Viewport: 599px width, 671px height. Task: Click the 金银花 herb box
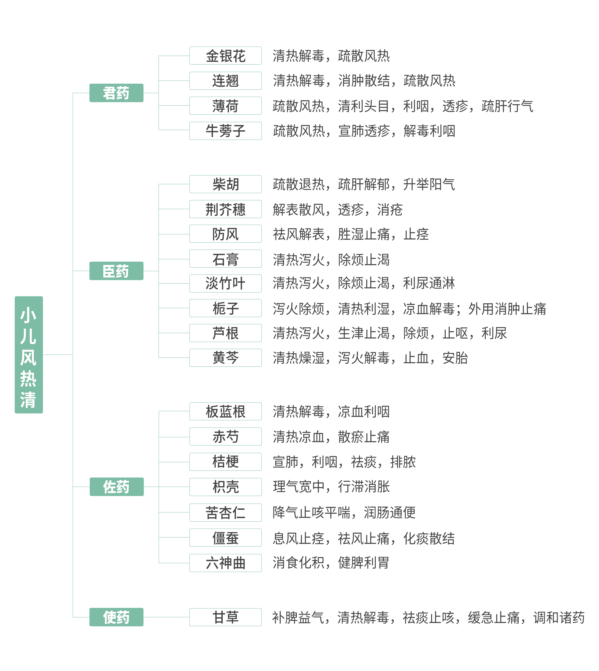coord(225,56)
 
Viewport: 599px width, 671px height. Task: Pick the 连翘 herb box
coord(225,81)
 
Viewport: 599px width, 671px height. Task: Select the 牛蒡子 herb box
coord(225,131)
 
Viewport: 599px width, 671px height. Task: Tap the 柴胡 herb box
coord(225,184)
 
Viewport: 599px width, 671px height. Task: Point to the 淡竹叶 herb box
coord(225,283)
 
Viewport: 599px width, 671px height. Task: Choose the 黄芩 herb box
coord(225,357)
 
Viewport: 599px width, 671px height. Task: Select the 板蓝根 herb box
coord(225,411)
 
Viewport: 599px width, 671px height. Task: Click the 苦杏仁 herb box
coord(225,512)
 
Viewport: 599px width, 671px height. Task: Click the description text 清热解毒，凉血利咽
coord(331,411)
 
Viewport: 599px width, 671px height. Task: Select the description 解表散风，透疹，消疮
coord(337,209)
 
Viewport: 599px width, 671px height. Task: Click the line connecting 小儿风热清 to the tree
coord(58,354)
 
